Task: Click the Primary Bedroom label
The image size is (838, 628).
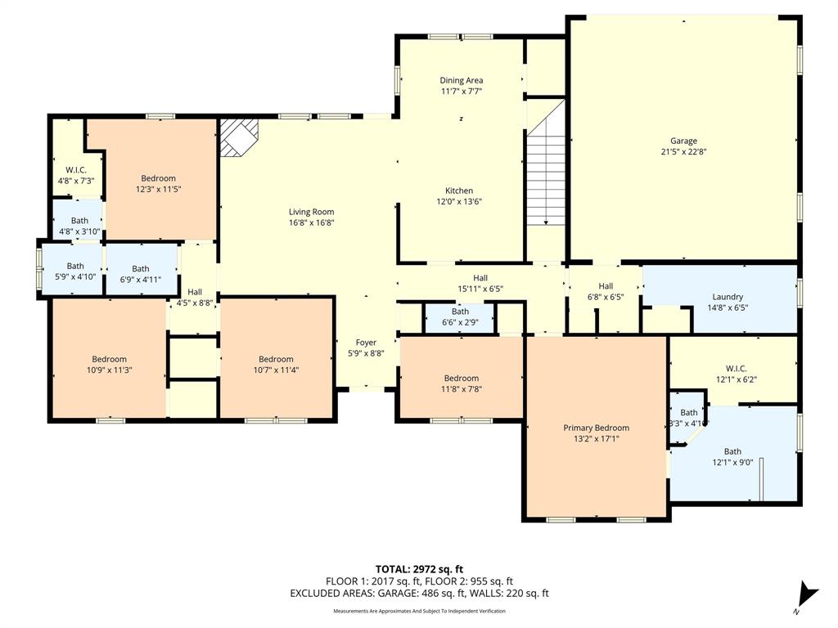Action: [596, 428]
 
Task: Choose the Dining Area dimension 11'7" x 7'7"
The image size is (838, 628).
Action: [461, 92]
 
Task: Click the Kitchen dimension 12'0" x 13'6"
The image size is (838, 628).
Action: [459, 201]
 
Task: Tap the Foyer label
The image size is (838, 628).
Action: [366, 343]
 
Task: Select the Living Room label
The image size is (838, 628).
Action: [311, 212]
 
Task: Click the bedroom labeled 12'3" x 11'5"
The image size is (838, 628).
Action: [158, 184]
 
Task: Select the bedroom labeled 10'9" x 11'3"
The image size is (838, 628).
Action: [109, 365]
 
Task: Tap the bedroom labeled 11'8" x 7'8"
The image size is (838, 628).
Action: [461, 384]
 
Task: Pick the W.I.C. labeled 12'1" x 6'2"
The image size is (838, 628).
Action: [736, 375]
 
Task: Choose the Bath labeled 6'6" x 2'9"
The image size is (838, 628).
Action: [460, 316]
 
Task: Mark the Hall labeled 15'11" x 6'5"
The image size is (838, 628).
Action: [480, 283]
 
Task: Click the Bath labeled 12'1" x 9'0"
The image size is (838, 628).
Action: [732, 457]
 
